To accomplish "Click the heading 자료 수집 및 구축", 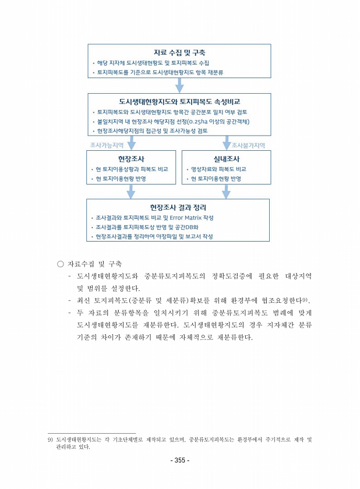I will (179, 52).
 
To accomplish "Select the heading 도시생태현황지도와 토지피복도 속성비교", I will (179, 101).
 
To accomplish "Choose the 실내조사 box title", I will (226, 158).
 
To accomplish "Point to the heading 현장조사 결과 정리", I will (178, 207).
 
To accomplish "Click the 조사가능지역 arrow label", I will (107, 145).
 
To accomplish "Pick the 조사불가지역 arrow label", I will (248, 145).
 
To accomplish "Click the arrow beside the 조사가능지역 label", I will (131, 144).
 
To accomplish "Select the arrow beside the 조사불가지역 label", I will (226, 144).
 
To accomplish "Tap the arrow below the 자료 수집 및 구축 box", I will (179, 85).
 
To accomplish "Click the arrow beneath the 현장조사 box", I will (131, 192).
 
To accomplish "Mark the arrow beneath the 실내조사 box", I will (226, 192).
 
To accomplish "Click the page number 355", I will (179, 460).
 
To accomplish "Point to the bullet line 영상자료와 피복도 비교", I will (218, 169).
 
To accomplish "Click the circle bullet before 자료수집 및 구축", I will (60, 264).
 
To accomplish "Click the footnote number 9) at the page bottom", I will (50, 440).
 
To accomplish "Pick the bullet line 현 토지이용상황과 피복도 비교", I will (132, 169).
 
